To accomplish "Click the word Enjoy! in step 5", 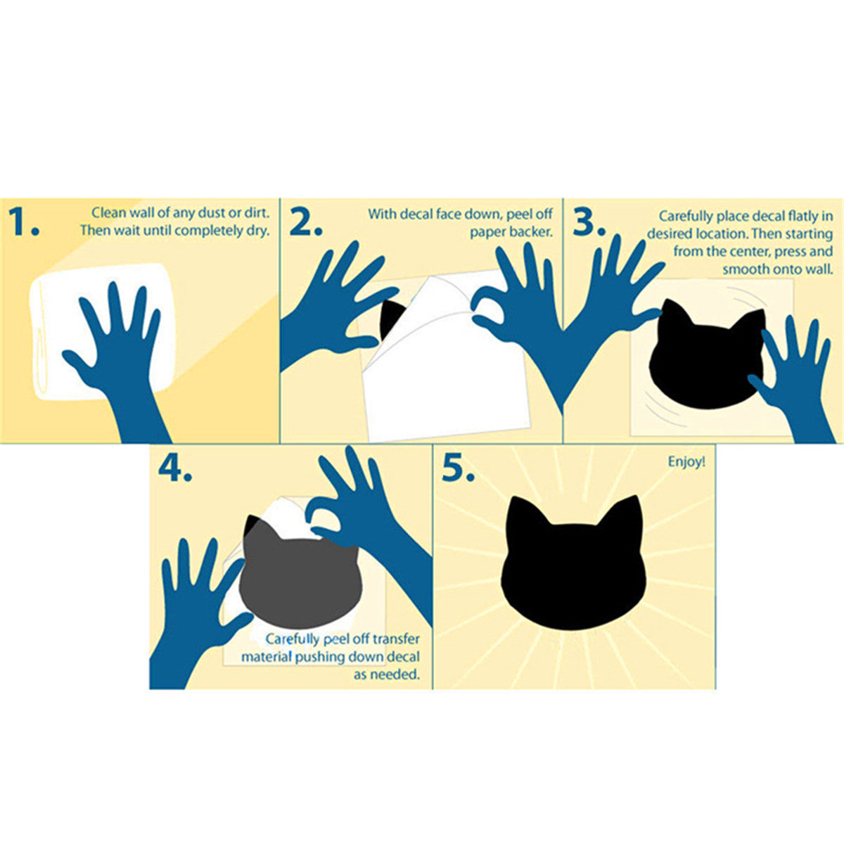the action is coord(686,462).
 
